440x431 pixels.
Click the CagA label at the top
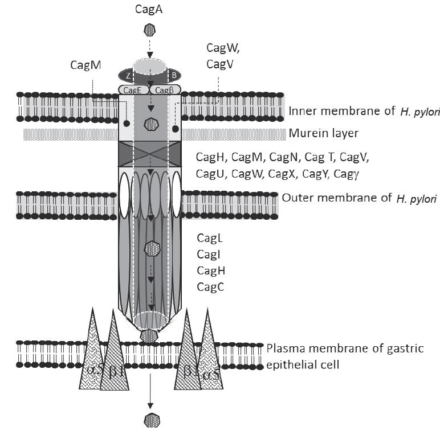point(150,9)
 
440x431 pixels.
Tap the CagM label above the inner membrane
point(85,65)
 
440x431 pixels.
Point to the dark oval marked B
point(173,76)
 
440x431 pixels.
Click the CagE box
point(133,90)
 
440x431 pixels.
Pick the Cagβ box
point(165,90)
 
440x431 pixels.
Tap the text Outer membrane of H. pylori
point(359,199)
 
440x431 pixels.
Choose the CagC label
point(210,287)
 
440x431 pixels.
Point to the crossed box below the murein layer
point(150,154)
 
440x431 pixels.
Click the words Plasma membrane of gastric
point(353,348)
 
